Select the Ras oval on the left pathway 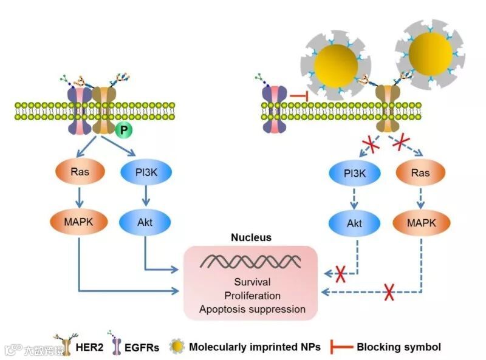80,172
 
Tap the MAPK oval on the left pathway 80,222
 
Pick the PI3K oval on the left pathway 146,172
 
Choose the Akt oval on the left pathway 146,222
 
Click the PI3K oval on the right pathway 355,172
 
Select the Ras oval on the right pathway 420,172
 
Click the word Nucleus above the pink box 252,238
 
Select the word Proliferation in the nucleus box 252,296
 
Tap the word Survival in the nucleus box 252,282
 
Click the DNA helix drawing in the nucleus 252,262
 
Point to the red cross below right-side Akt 340,274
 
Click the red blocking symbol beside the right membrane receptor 296,95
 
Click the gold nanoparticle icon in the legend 177,347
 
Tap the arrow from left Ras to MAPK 80,197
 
